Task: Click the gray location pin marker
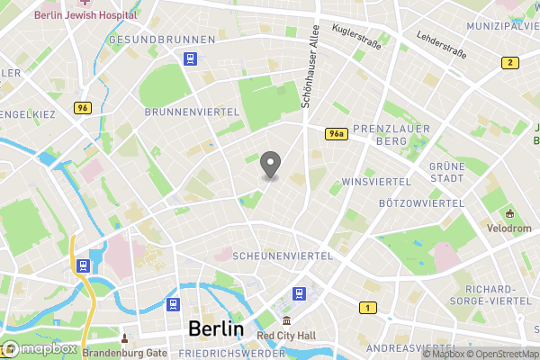[270, 164]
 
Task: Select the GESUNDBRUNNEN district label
[161, 40]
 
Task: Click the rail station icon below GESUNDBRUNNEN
[191, 58]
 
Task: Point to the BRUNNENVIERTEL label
[192, 112]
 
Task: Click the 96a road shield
[337, 133]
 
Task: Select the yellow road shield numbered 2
[510, 62]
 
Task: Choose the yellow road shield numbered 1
[367, 308]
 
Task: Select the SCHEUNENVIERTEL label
[283, 256]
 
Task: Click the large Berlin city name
[216, 328]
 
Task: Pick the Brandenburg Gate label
[125, 353]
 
